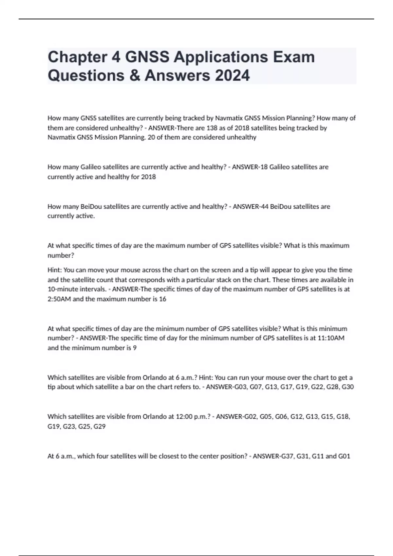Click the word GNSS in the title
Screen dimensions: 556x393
pyautogui.click(x=147, y=57)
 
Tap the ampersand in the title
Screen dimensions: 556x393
pyautogui.click(x=135, y=75)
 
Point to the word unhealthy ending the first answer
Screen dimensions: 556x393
pyautogui.click(x=241, y=137)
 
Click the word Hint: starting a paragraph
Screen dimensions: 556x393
pyautogui.click(x=55, y=270)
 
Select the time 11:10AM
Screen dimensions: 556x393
pyautogui.click(x=331, y=338)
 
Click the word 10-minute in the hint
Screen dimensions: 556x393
pyautogui.click(x=62, y=289)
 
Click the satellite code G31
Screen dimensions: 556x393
pyautogui.click(x=303, y=456)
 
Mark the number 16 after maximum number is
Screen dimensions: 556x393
pyautogui.click(x=162, y=299)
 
